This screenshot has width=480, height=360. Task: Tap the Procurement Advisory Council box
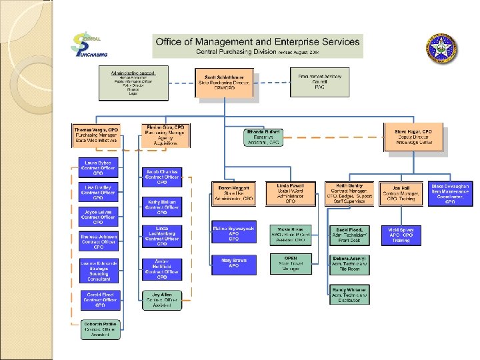(x=320, y=81)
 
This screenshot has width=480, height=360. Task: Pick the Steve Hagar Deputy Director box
(x=414, y=137)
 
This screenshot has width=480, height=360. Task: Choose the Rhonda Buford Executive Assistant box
(x=265, y=137)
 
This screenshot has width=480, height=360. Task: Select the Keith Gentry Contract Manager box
(x=349, y=192)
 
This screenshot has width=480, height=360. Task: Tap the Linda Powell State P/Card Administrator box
(x=290, y=192)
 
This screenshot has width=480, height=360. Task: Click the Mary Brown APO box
(x=233, y=265)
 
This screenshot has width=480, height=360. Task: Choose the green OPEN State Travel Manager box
(x=291, y=264)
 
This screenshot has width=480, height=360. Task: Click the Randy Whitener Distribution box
(x=349, y=294)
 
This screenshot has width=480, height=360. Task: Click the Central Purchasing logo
(x=90, y=47)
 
